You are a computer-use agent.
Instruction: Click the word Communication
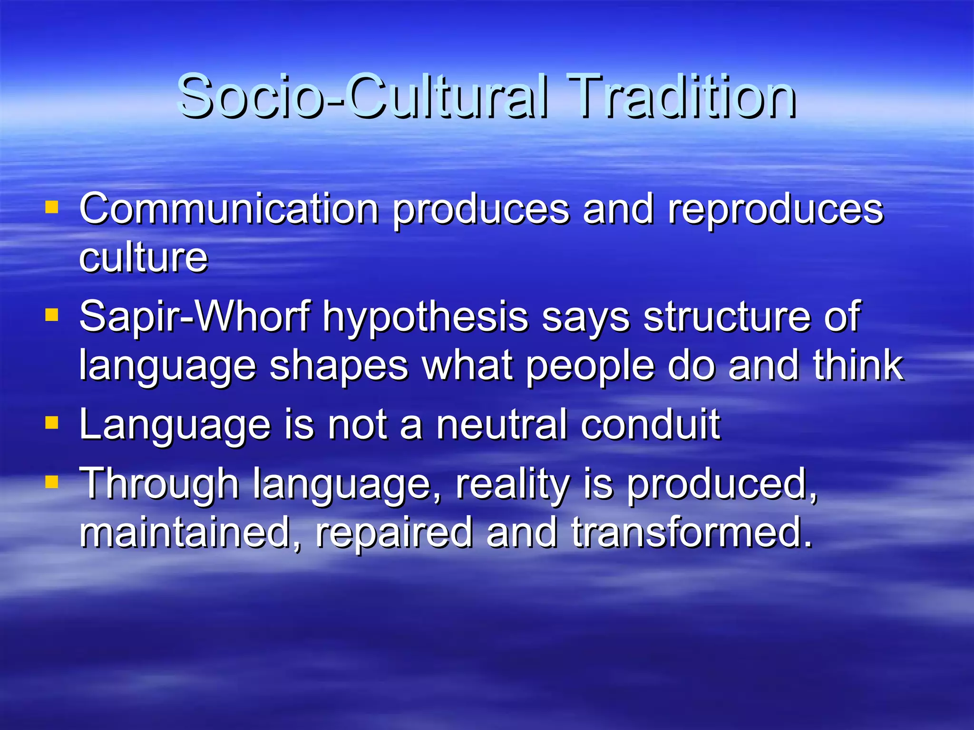click(x=229, y=210)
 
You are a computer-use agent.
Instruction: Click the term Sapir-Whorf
click(x=195, y=317)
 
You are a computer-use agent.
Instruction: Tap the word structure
click(x=727, y=317)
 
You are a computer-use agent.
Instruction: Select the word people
click(x=590, y=367)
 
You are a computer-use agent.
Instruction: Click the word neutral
click(x=501, y=424)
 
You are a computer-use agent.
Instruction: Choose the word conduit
click(x=650, y=424)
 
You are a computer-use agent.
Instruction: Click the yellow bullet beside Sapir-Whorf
click(x=51, y=315)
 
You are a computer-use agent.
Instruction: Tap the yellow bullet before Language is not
click(x=51, y=423)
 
